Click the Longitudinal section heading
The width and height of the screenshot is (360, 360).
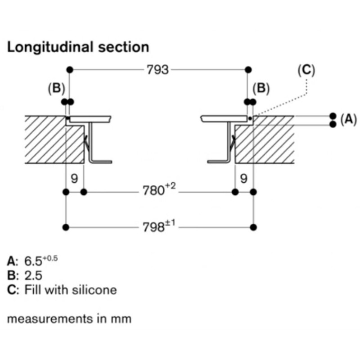(78, 47)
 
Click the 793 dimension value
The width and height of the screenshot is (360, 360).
(157, 70)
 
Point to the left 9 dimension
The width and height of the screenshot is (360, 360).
(75, 179)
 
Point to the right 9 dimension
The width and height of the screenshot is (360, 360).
(243, 179)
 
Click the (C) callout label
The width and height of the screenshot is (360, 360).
(306, 70)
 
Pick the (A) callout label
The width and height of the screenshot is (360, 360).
(348, 119)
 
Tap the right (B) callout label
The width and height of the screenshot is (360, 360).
(261, 89)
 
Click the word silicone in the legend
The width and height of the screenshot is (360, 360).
(94, 289)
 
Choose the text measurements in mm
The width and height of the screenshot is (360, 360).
(69, 319)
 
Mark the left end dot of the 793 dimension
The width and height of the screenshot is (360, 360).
(69, 70)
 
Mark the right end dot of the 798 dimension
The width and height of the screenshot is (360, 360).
(254, 227)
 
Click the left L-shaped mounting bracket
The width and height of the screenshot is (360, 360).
(97, 148)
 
